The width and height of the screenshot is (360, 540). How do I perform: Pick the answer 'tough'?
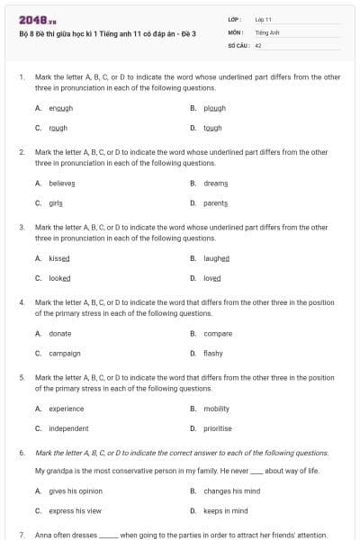[212, 128]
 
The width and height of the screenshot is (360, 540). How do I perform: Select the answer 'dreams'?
[216, 183]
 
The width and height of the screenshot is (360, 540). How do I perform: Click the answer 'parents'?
[216, 203]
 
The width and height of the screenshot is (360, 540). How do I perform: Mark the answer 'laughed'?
[217, 258]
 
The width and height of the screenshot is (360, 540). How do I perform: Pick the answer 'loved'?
[212, 278]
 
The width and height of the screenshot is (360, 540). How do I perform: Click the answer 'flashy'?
[213, 354]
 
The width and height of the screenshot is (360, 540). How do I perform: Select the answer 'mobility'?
[217, 409]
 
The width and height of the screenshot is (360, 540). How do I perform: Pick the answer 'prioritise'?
[218, 428]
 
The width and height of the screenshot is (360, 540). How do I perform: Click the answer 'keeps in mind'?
[225, 511]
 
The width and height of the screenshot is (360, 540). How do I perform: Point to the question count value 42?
[258, 44]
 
